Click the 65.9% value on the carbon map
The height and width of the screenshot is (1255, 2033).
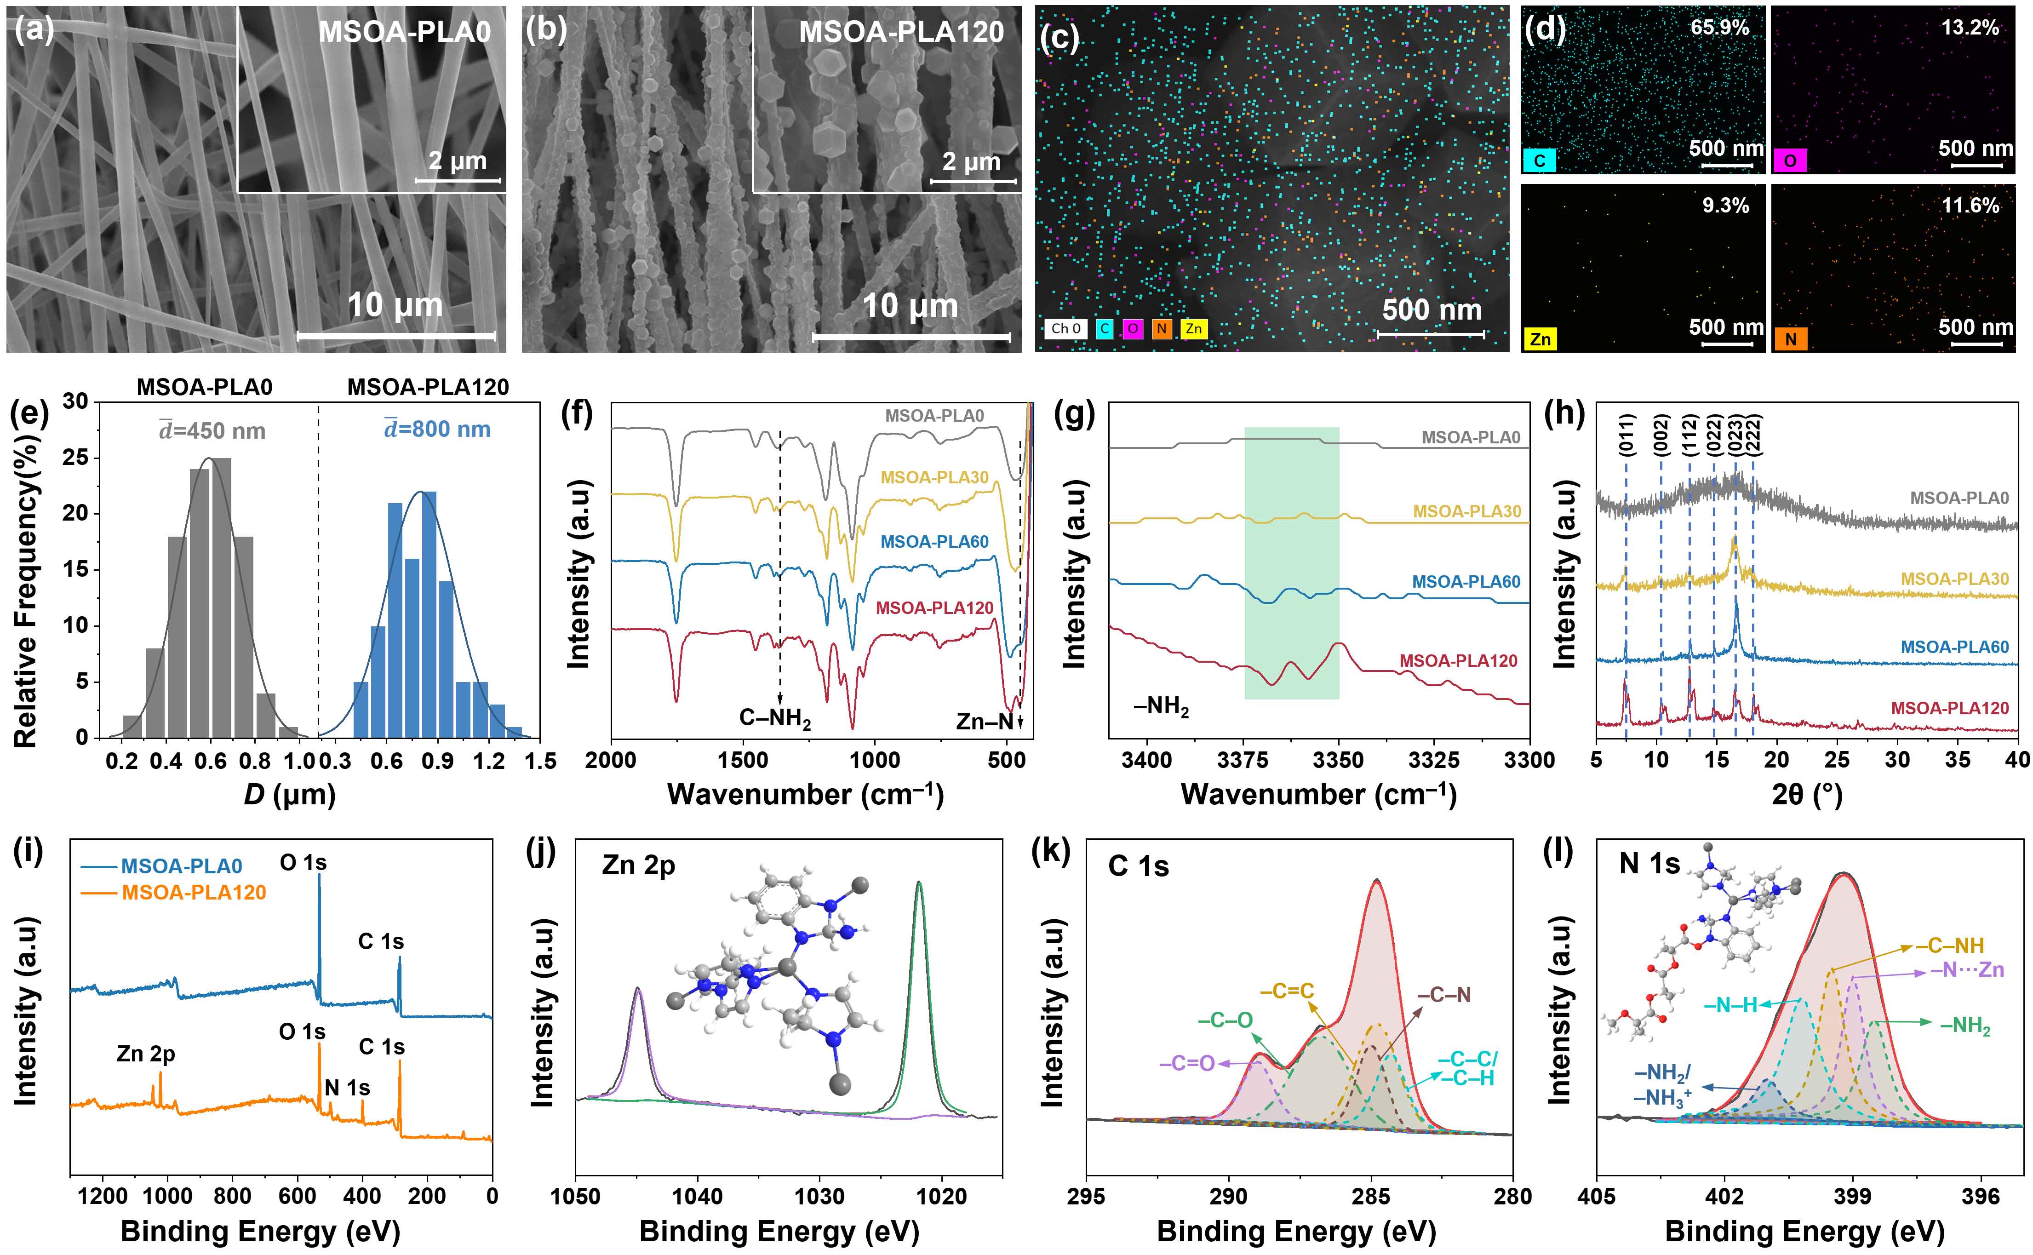[1719, 28]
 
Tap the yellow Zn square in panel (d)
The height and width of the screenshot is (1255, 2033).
[1540, 338]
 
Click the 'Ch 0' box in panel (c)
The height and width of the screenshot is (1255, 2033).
[1065, 329]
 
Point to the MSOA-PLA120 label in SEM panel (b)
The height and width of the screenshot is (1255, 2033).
[901, 32]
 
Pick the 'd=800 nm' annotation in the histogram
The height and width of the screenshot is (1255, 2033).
[437, 429]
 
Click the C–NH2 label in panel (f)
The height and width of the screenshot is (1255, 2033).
[775, 718]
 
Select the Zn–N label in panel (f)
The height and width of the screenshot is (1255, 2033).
[984, 721]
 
